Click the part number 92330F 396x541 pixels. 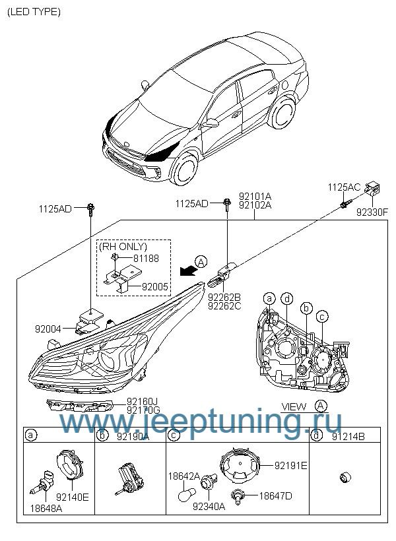tap(372, 212)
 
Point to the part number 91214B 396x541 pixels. tap(348, 435)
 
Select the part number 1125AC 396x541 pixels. tap(344, 187)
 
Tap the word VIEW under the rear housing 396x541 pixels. tap(294, 406)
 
